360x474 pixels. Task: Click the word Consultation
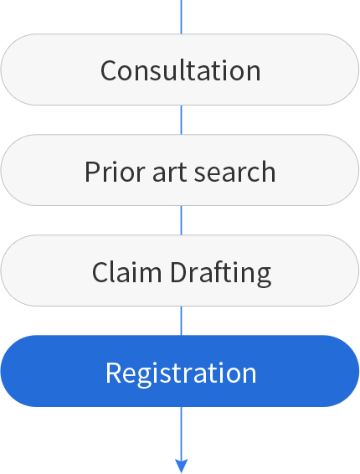coord(181,70)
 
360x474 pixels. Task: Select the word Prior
coord(115,172)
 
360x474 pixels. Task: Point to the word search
coord(234,172)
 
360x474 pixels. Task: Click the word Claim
coord(126,272)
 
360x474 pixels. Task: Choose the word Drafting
coord(221,274)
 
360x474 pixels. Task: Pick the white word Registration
coord(181,374)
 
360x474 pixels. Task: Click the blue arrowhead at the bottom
coord(182,466)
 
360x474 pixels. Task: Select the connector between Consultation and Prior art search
coord(181,120)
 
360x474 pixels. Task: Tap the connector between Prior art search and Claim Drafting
coord(181,220)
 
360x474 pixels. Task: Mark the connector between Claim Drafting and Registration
coord(181,321)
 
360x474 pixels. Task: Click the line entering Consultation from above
coord(181,17)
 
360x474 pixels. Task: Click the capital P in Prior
coord(93,172)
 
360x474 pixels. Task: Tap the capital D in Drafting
coord(180,272)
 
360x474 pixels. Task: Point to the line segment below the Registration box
coord(181,433)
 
